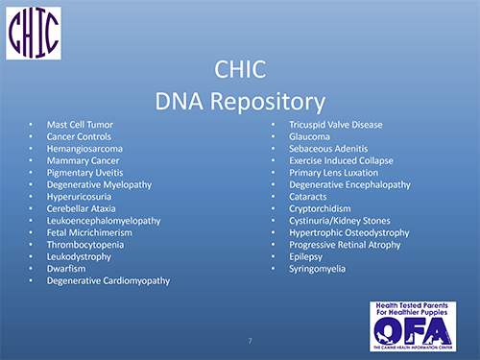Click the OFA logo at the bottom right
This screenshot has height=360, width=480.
(x=412, y=327)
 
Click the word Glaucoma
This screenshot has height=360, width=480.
(x=310, y=137)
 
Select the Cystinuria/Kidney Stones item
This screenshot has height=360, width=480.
(x=337, y=221)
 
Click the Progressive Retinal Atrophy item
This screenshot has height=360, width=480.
(x=342, y=245)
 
